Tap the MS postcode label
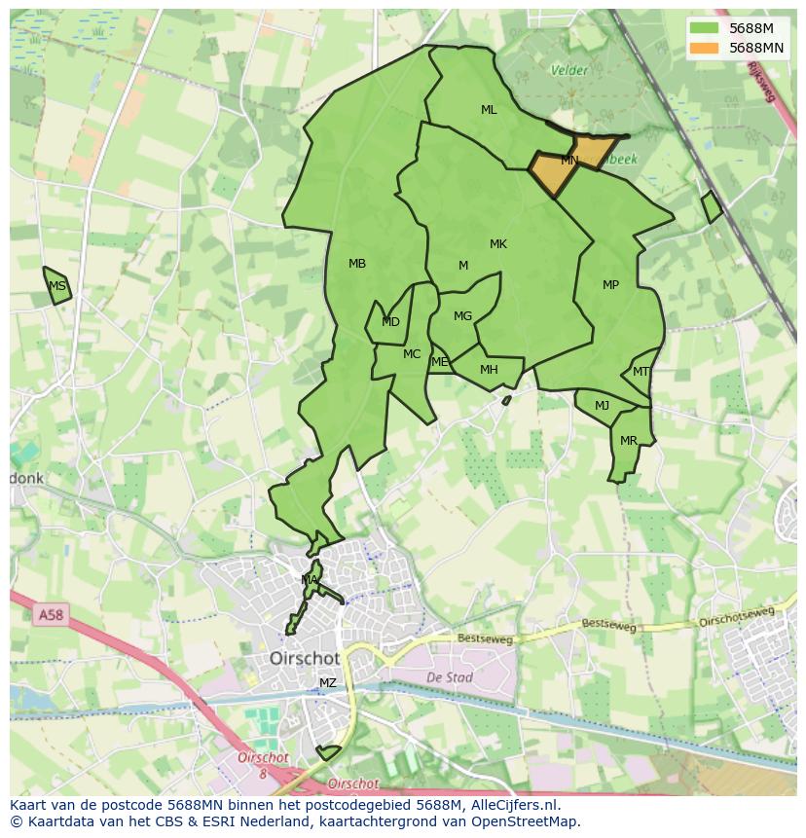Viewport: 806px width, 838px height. (x=57, y=286)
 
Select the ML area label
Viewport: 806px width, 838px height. (x=489, y=110)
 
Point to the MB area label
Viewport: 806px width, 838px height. (x=357, y=264)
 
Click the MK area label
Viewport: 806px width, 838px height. (x=498, y=244)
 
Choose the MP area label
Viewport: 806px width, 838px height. (x=610, y=285)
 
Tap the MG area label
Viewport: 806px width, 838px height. (x=462, y=316)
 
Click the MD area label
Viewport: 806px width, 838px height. (x=390, y=322)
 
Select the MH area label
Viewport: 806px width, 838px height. (x=489, y=370)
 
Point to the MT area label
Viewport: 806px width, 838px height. (x=641, y=372)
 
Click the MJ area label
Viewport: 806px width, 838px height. (x=602, y=406)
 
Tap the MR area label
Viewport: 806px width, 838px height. (x=629, y=441)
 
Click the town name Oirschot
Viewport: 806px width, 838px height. (x=305, y=659)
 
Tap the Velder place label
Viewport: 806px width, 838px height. (x=569, y=70)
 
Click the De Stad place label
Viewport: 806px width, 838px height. (x=449, y=676)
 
